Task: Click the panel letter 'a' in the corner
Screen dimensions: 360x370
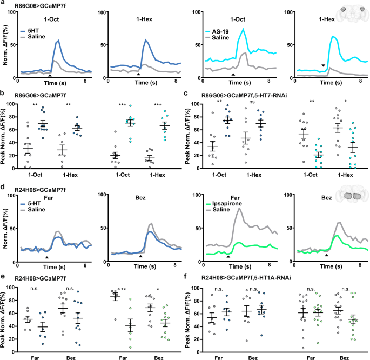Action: (x=3, y=3)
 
